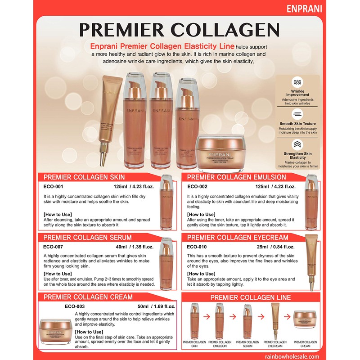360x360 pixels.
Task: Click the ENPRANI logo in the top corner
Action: pyautogui.click(x=334, y=9)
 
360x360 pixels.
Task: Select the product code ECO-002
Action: pyautogui.click(x=197, y=186)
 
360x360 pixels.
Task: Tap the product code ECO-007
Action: pyautogui.click(x=53, y=247)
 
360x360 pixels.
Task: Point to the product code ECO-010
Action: pyautogui.click(x=197, y=247)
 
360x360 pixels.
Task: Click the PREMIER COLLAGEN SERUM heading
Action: pyautogui.click(x=87, y=238)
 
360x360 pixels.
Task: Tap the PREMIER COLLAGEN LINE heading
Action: pyautogui.click(x=251, y=297)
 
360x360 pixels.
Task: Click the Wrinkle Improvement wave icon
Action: pyautogui.click(x=297, y=83)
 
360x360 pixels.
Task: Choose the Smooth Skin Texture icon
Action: pyautogui.click(x=297, y=113)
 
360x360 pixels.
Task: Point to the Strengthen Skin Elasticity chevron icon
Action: pyautogui.click(x=297, y=144)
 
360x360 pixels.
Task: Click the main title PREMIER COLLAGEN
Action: pyautogui.click(x=179, y=30)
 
